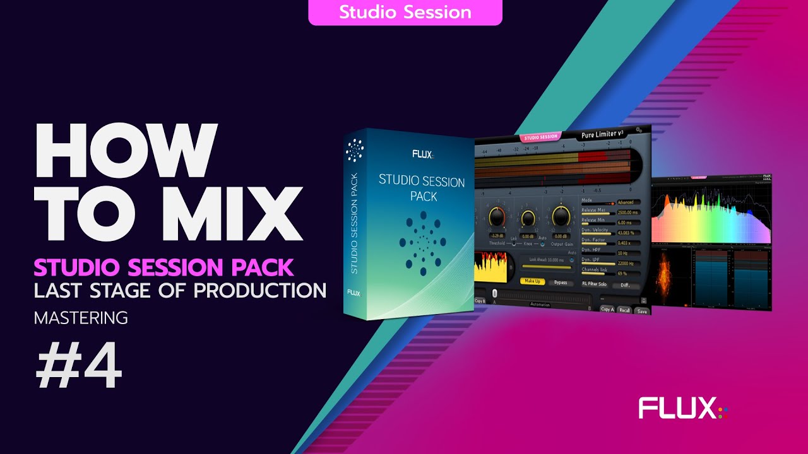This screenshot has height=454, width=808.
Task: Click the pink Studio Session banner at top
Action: click(x=405, y=12)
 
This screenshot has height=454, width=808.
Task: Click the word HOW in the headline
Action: click(x=126, y=151)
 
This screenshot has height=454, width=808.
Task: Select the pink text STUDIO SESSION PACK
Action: click(x=164, y=267)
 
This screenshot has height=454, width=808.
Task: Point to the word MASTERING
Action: click(x=81, y=318)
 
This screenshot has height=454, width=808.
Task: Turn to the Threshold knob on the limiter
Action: click(x=497, y=218)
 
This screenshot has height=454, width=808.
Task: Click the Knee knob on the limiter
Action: click(x=528, y=218)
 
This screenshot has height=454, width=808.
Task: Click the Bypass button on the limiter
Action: click(x=560, y=282)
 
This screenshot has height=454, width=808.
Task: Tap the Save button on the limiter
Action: click(x=642, y=311)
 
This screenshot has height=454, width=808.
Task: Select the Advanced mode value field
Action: click(x=629, y=202)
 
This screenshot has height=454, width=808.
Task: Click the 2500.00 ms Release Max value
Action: click(x=629, y=212)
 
